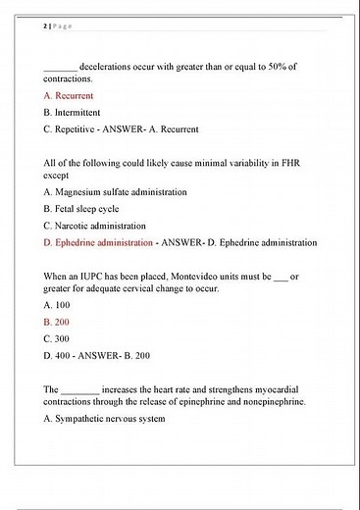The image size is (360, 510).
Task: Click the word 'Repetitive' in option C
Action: pos(81,128)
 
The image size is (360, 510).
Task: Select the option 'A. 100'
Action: pos(58,305)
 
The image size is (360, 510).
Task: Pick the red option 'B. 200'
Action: pos(58,321)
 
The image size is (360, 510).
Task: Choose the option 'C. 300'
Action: pos(58,337)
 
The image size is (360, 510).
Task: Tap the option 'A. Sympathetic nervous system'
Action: pos(105,419)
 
